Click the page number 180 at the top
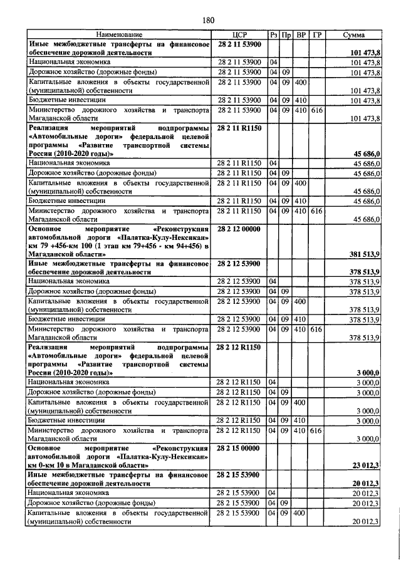[208, 21]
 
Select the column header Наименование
[119, 34]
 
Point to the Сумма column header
[355, 34]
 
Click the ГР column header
[316, 34]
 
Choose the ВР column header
[301, 34]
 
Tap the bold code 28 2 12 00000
[241, 229]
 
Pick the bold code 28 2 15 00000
[241, 449]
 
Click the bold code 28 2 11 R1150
[241, 127]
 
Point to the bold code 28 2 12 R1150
[241, 346]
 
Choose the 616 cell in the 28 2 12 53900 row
[316, 329]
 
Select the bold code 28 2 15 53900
[241, 475]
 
